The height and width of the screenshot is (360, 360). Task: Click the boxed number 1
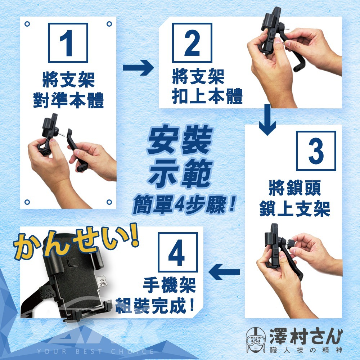point(68,43)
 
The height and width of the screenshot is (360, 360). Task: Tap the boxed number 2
point(192,43)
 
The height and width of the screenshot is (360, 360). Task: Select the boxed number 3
point(316,151)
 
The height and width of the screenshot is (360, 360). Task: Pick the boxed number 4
point(177,252)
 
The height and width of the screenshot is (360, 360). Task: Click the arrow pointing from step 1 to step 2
point(139,68)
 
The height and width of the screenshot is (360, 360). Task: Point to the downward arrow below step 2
point(267,120)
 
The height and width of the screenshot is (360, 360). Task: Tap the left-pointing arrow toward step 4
point(224,272)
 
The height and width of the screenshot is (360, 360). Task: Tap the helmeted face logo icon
point(256,340)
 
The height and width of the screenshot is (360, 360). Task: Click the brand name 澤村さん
point(306,336)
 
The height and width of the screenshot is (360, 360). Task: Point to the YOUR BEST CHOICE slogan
point(95,351)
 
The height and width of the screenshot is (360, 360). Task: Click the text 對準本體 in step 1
point(68,100)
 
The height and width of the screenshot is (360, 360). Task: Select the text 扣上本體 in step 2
point(207,96)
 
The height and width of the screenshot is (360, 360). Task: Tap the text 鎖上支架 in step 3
point(295,208)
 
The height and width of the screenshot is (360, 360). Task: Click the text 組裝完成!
point(155,306)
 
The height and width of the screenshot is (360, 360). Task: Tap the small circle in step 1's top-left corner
point(27,24)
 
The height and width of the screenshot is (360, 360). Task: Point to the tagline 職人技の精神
point(306,350)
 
